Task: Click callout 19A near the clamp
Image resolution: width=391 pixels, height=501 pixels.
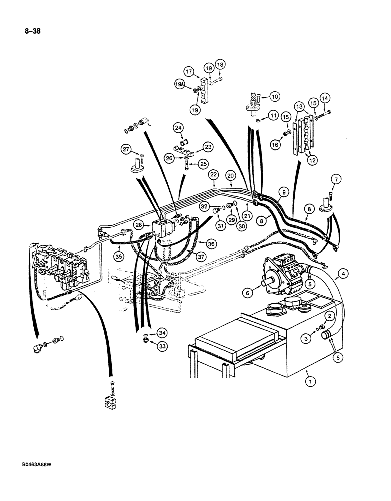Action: pyautogui.click(x=180, y=86)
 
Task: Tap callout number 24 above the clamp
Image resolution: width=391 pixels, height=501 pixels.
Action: pyautogui.click(x=179, y=129)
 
